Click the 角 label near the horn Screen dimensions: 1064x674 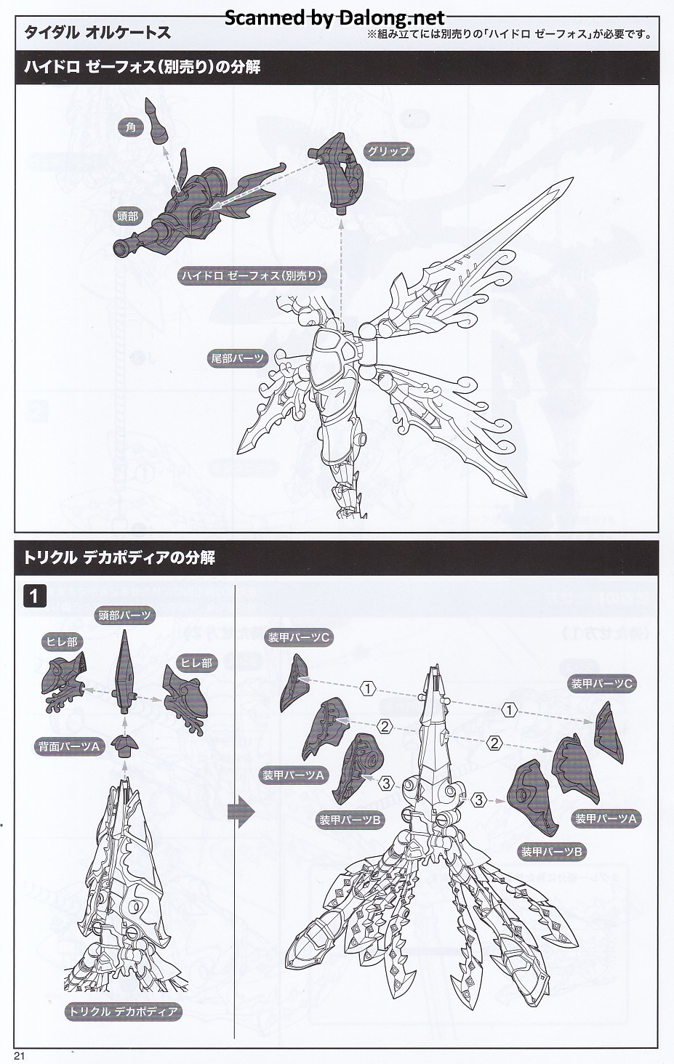pyautogui.click(x=131, y=127)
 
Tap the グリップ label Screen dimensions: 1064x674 pyautogui.click(x=388, y=151)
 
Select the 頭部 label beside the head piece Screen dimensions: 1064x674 pyautogui.click(x=128, y=216)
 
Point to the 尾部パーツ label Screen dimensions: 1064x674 pyautogui.click(x=238, y=358)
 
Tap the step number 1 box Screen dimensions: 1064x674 pyautogui.click(x=35, y=597)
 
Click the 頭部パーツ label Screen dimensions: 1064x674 pyautogui.click(x=126, y=616)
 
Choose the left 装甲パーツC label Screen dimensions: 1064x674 pyautogui.click(x=300, y=637)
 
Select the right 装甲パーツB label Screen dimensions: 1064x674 pyautogui.click(x=552, y=851)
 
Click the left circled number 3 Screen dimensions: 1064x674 pyautogui.click(x=387, y=783)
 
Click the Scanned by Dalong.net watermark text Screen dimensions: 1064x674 pyautogui.click(x=334, y=17)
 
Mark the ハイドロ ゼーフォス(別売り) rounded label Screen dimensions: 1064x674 pyautogui.click(x=252, y=275)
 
